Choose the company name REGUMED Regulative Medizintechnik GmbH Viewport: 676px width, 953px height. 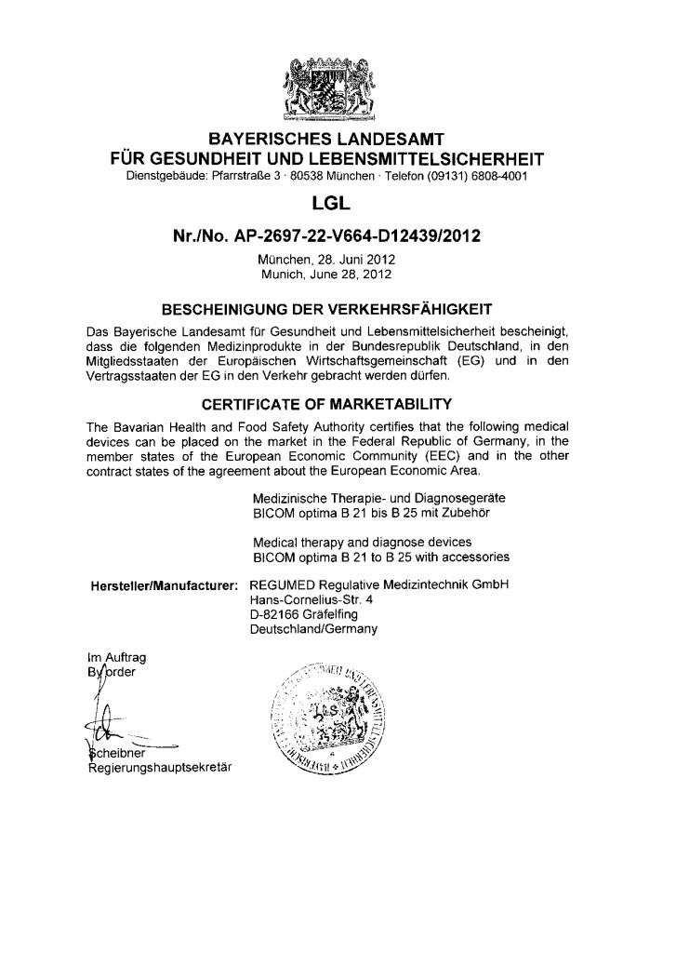381,584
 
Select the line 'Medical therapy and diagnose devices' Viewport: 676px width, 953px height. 362,542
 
